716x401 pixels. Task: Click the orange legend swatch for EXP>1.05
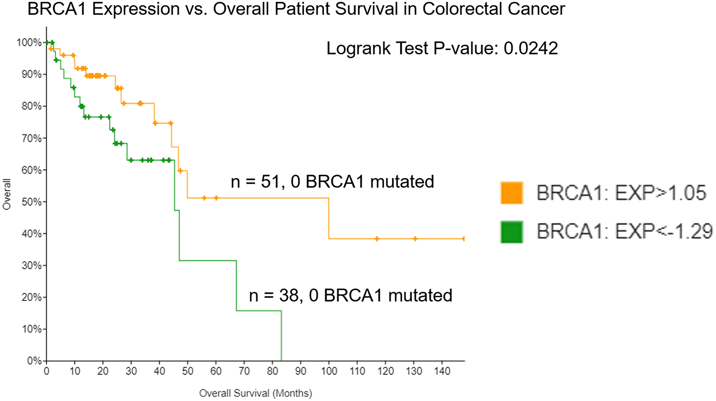click(512, 193)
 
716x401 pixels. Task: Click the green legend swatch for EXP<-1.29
click(512, 232)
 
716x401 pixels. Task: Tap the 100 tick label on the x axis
click(329, 371)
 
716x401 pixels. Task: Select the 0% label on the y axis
click(34, 361)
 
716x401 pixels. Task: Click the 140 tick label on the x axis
click(442, 371)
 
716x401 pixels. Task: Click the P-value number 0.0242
click(531, 48)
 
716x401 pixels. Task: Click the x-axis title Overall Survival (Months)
click(255, 393)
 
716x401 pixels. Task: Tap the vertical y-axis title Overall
click(7, 194)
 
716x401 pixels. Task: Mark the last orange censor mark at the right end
click(464, 238)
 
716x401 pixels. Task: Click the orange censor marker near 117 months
click(377, 238)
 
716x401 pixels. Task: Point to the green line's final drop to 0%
click(281, 337)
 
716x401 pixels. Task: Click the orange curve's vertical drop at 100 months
click(329, 218)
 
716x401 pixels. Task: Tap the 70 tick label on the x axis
click(244, 371)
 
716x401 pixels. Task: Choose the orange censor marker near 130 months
click(415, 238)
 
